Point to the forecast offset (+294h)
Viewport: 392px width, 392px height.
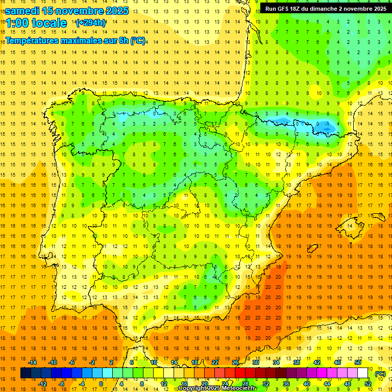[x=91, y=23]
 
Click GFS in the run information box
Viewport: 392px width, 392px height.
[x=284, y=9]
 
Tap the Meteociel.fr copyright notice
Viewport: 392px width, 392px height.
[x=217, y=388]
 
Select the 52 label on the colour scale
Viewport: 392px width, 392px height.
[x=368, y=384]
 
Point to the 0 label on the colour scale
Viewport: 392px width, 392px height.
[x=101, y=384]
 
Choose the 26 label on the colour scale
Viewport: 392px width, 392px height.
[x=235, y=362]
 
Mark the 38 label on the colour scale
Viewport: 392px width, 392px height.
[x=296, y=362]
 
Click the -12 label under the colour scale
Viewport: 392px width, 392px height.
[x=43, y=384]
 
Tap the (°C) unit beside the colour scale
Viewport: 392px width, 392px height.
[x=380, y=374]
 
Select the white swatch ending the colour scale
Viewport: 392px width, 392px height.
[x=363, y=373]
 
